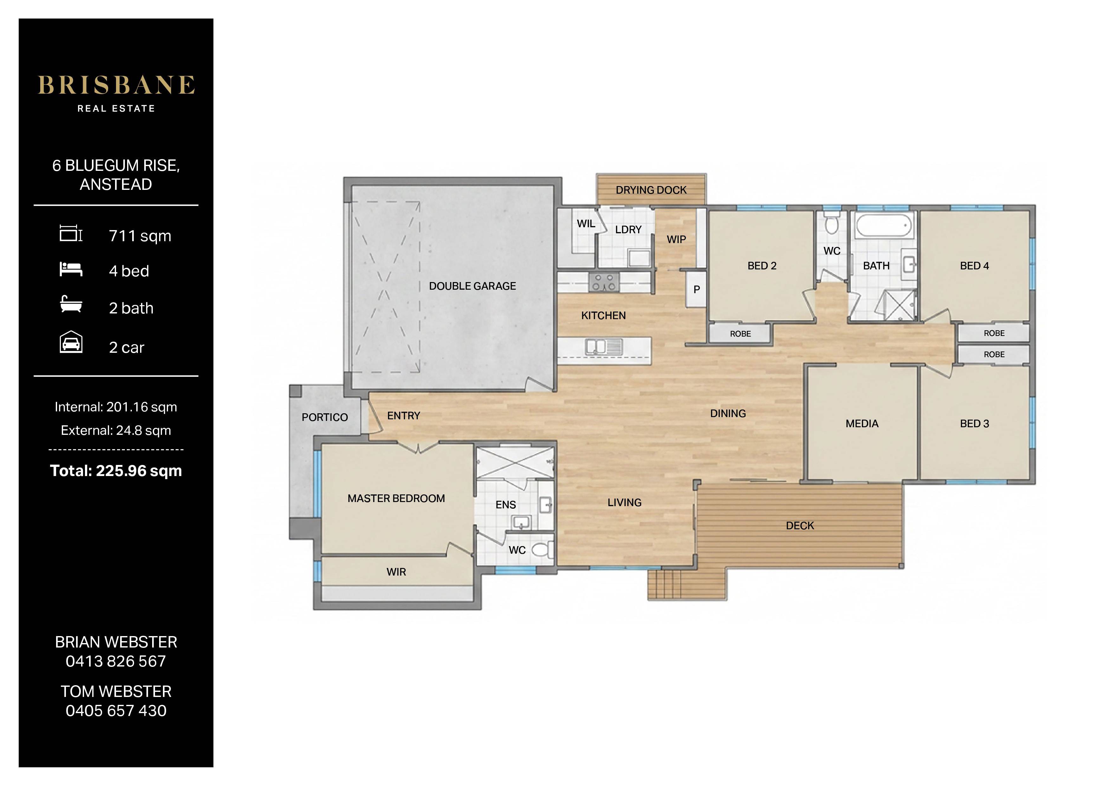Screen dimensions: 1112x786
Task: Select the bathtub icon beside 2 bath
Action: click(71, 304)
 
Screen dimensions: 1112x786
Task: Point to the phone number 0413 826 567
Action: click(116, 661)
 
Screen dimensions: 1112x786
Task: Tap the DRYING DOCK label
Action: click(651, 190)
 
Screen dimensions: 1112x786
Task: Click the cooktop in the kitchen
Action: click(604, 282)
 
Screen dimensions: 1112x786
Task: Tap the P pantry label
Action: click(696, 290)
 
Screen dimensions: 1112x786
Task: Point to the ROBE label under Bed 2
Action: click(740, 334)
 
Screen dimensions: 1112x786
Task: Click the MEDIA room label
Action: click(862, 424)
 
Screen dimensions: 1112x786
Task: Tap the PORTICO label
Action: click(325, 417)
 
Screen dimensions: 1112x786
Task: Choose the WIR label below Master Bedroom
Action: click(396, 572)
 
